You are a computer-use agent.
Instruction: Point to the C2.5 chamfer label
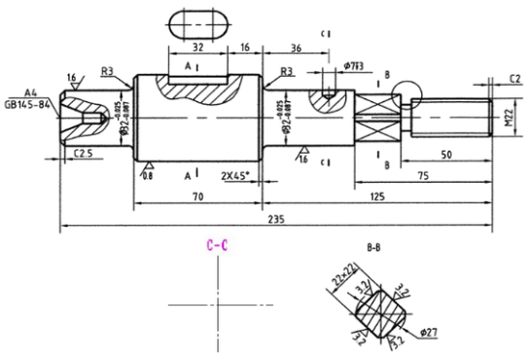[x=83, y=154]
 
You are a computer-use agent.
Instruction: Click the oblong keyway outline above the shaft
[x=197, y=21]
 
